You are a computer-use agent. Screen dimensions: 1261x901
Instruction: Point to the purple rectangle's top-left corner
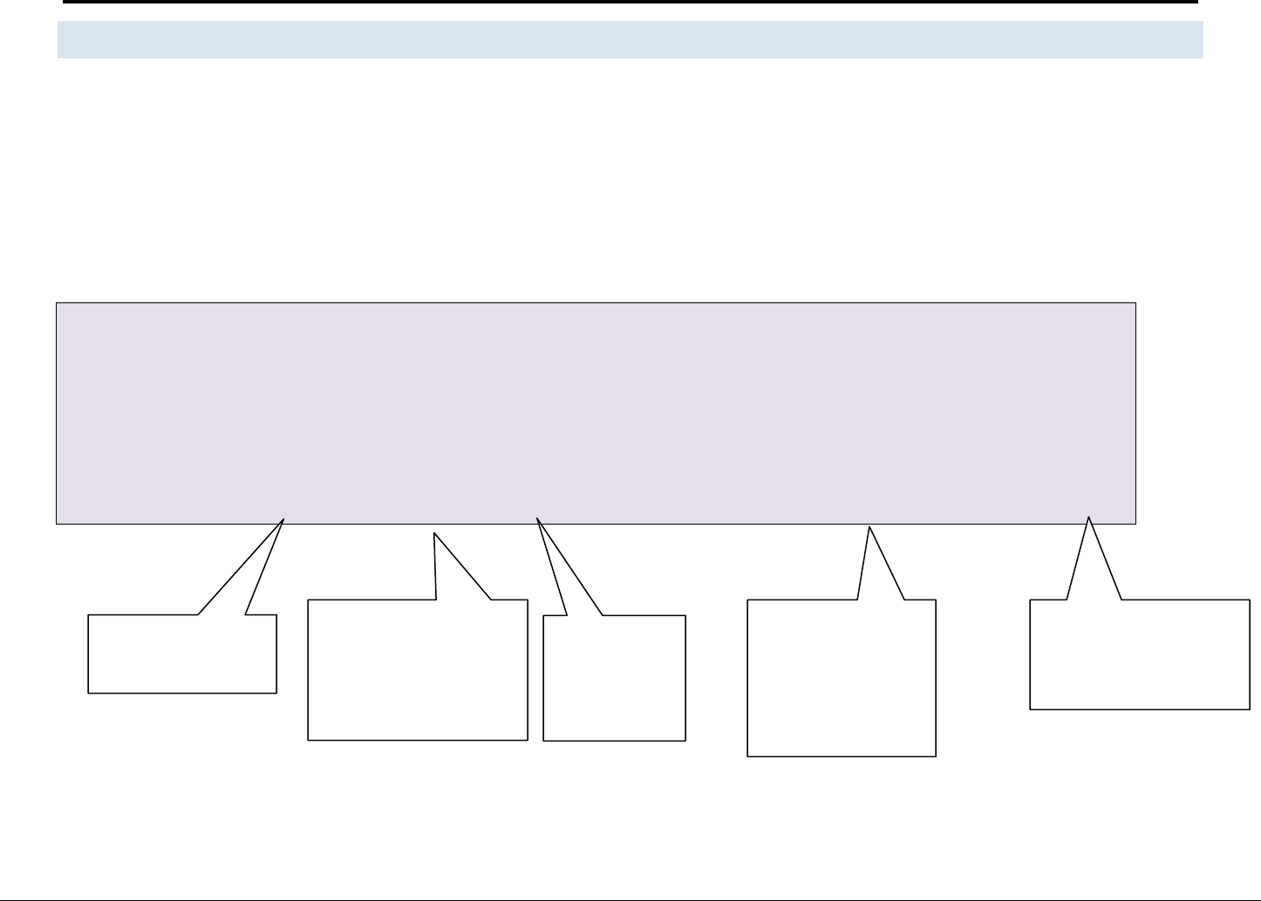(x=57, y=303)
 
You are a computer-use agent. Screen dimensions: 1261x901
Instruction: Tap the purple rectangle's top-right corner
(x=1135, y=303)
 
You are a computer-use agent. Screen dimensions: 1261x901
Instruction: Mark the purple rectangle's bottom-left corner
(x=57, y=524)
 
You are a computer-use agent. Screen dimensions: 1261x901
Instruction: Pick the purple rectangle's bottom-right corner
(x=1135, y=524)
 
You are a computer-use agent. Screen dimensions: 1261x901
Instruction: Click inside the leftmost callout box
(x=182, y=654)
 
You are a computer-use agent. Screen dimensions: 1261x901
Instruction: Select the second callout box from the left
(x=418, y=669)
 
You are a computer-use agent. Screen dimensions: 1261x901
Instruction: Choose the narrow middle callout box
(x=615, y=678)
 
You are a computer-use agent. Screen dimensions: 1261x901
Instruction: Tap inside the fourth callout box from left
(x=842, y=677)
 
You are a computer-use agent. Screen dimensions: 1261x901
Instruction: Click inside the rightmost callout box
(x=1140, y=654)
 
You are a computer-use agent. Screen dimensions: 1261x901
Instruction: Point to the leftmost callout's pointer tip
(x=284, y=518)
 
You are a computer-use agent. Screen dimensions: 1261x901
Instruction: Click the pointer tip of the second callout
(x=434, y=533)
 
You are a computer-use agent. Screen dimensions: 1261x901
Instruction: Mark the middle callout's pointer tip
(x=537, y=518)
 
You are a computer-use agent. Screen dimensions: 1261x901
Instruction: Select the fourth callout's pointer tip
(x=869, y=526)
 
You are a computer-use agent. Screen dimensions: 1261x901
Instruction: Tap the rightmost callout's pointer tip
(x=1088, y=517)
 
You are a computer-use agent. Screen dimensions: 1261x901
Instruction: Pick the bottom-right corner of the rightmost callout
(x=1250, y=709)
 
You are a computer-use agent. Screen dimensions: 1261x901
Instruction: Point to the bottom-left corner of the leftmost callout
(x=88, y=693)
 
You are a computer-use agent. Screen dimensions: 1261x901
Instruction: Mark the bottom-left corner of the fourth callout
(x=748, y=755)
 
